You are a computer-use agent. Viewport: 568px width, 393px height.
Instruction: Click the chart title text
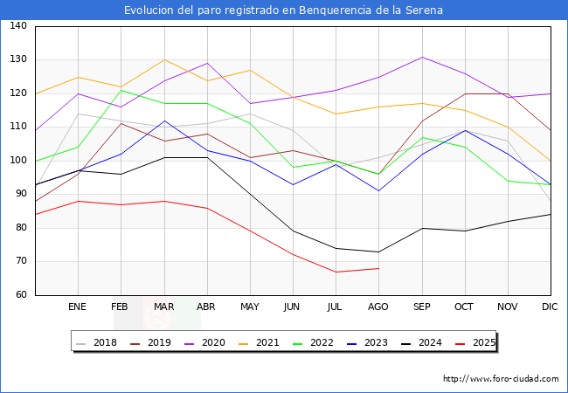(x=283, y=10)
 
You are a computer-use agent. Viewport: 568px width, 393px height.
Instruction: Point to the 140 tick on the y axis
(x=17, y=26)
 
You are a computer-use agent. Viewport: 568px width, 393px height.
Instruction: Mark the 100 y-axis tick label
(x=17, y=161)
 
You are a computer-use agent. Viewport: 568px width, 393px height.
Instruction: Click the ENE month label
(x=78, y=307)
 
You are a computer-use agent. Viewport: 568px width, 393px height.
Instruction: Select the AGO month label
(x=378, y=307)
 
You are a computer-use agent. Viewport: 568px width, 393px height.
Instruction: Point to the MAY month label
(x=250, y=307)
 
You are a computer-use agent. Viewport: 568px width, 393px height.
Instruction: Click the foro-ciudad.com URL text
(x=501, y=379)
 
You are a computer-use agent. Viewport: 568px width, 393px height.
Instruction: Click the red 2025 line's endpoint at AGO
(x=378, y=268)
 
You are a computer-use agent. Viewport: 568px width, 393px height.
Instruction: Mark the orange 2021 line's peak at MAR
(x=163, y=59)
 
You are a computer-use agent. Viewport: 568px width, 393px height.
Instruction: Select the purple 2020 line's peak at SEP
(x=422, y=57)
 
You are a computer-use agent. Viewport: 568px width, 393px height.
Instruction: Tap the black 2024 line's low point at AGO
(x=378, y=252)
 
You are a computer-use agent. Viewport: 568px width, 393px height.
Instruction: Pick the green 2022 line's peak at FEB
(x=121, y=90)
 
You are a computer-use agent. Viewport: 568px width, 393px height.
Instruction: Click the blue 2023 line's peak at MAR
(x=163, y=121)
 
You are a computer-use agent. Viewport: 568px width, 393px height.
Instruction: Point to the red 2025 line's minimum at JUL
(x=336, y=272)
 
